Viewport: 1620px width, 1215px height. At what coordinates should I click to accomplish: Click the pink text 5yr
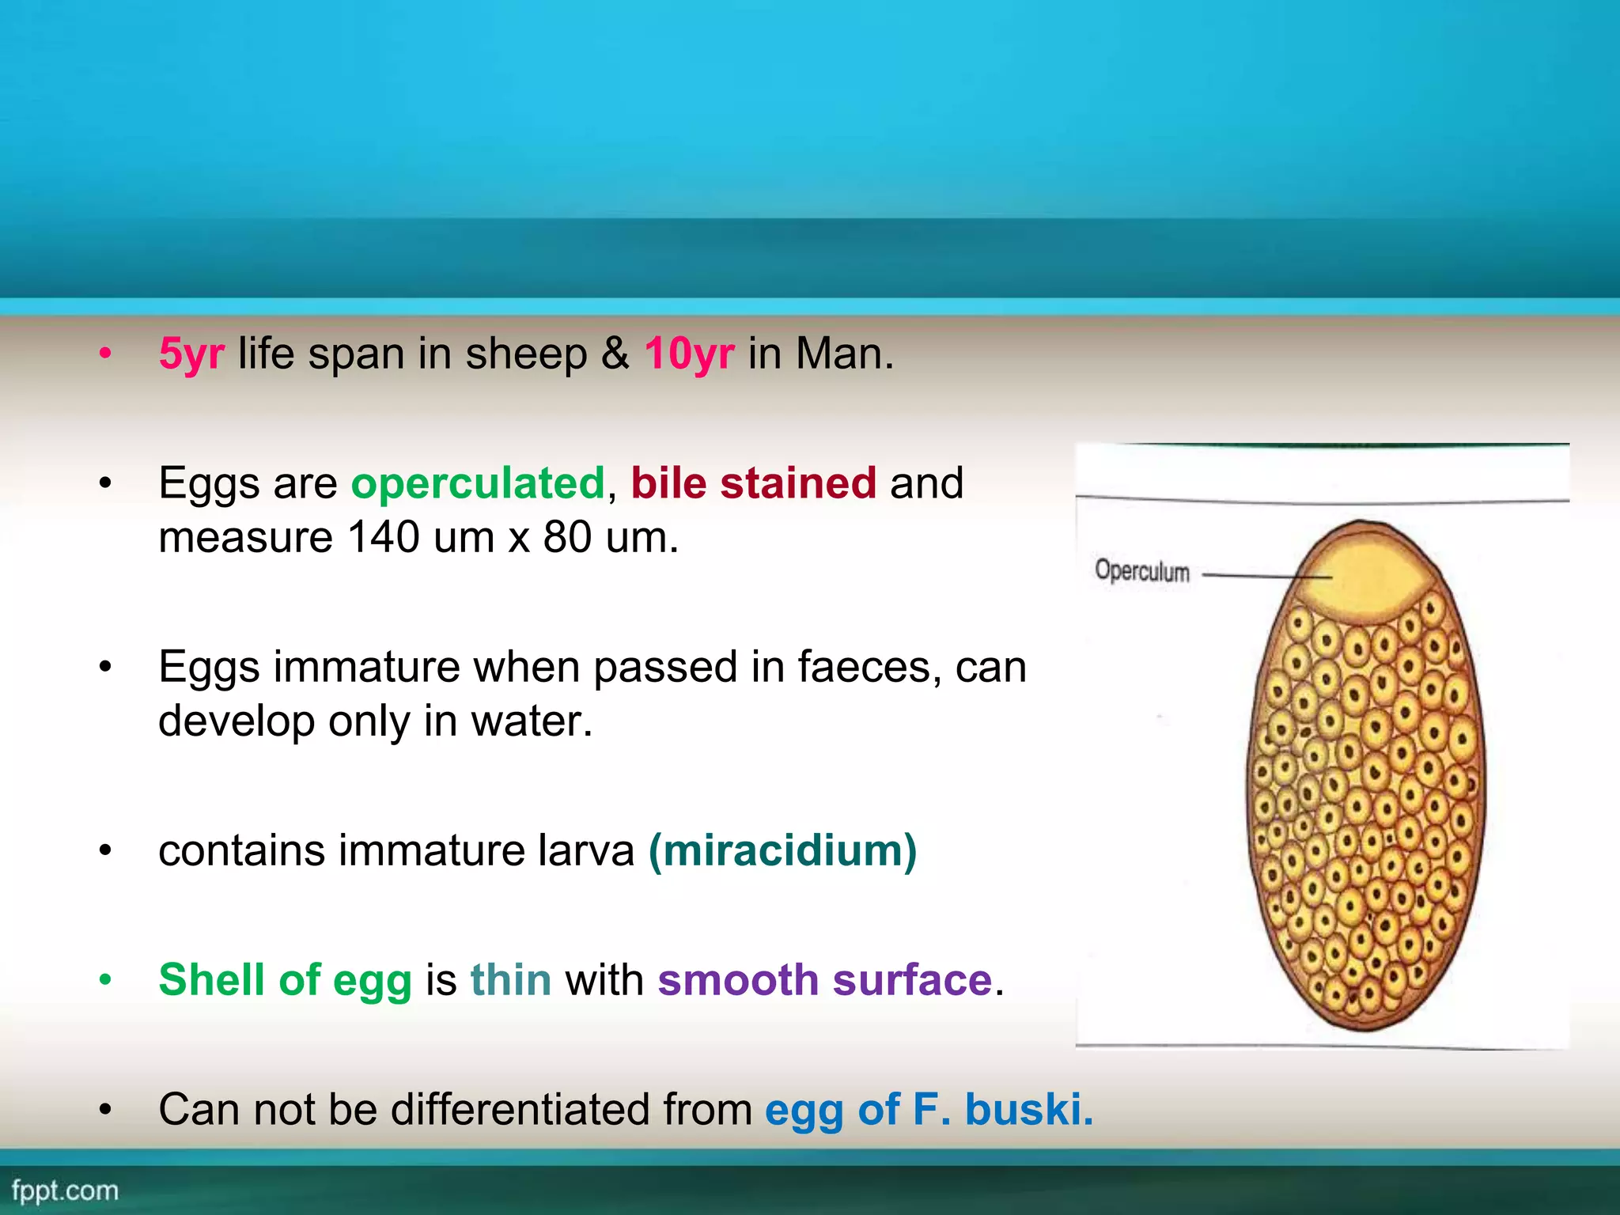coord(191,354)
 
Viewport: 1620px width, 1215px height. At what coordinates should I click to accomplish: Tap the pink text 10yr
coord(689,354)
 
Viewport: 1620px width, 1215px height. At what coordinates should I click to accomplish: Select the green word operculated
coord(478,483)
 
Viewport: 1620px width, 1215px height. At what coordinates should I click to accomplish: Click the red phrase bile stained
coord(753,483)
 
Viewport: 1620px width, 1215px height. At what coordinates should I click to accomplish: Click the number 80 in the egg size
coord(567,538)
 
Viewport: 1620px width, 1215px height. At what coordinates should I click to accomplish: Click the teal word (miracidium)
coord(782,851)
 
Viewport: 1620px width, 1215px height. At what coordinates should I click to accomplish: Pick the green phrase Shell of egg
coord(285,980)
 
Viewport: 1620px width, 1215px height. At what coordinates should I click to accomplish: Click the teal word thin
coord(511,980)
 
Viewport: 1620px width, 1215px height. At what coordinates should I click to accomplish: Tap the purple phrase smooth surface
coord(824,980)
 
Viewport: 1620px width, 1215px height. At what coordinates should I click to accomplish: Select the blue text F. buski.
coord(1002,1109)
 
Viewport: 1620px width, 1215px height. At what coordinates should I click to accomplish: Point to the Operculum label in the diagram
coord(1141,570)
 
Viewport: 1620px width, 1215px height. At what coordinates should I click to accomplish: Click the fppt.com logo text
coord(65,1190)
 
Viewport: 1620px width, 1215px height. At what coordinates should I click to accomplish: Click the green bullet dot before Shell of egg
coord(105,981)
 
